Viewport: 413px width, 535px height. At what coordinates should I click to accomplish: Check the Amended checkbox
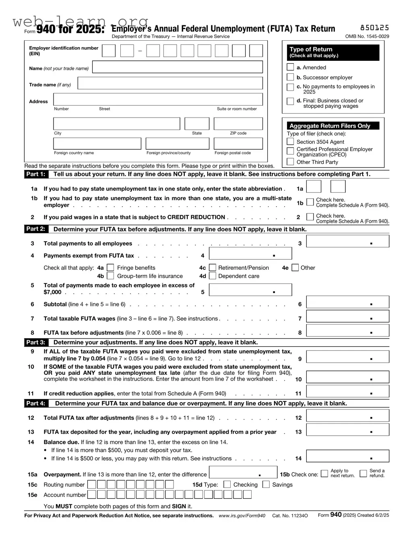290,67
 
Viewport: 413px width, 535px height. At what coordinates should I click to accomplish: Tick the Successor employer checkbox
290,77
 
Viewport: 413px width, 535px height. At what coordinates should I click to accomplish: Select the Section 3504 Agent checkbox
290,142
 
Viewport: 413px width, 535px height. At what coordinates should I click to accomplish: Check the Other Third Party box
290,162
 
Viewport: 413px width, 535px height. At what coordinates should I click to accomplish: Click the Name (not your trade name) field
178,67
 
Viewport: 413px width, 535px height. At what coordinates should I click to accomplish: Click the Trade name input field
170,83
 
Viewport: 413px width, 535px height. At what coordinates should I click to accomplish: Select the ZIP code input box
238,124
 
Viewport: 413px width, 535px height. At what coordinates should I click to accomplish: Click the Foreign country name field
97,144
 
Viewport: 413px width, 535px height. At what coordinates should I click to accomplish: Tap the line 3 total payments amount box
347,242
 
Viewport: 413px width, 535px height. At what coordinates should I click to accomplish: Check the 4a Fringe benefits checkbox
110,268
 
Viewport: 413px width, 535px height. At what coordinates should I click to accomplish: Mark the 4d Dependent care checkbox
213,276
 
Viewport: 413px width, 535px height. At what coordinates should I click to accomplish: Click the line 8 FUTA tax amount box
347,331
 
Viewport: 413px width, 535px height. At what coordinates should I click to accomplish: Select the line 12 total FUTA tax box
347,416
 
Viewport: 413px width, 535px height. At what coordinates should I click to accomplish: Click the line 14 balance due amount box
347,457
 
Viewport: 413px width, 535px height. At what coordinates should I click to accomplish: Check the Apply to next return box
324,473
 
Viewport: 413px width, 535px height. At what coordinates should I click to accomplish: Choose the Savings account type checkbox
266,485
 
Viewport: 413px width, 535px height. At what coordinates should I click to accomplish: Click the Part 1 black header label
36,174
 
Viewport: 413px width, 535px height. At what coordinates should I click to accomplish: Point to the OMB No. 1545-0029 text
367,36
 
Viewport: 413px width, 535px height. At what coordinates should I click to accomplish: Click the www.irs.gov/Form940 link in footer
242,516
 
